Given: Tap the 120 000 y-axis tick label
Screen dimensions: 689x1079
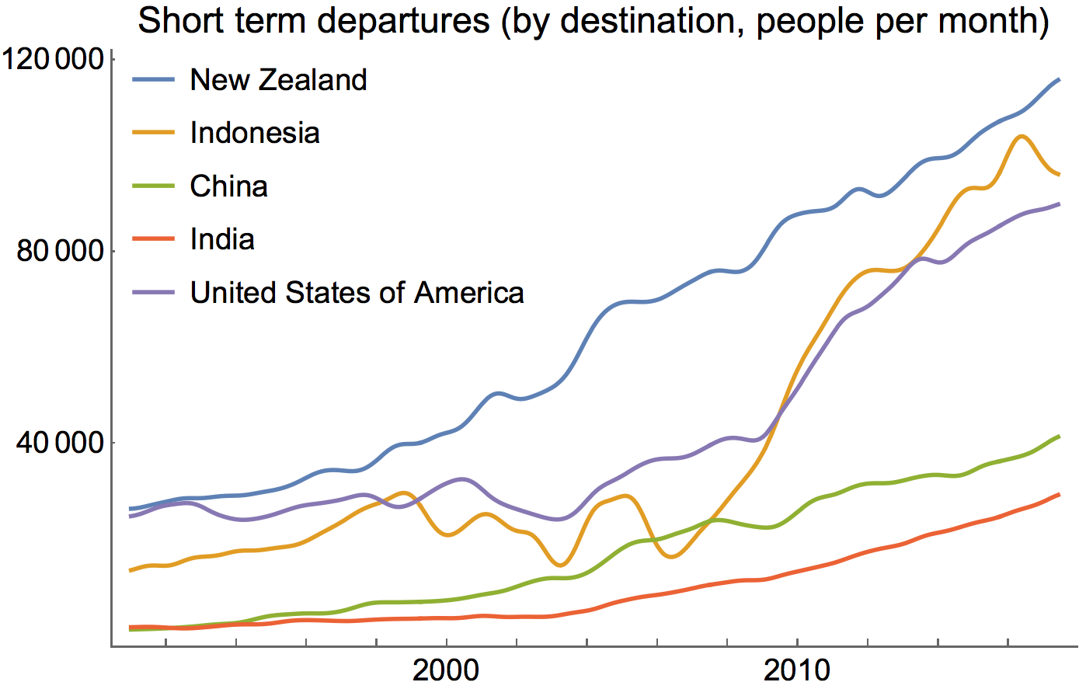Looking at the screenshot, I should click(54, 60).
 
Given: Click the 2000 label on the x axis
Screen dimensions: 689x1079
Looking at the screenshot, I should click(446, 669).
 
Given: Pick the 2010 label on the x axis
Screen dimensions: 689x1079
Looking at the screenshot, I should click(797, 669).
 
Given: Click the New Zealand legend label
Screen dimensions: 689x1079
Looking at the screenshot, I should click(278, 80).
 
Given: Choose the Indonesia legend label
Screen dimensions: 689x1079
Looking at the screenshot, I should click(255, 133).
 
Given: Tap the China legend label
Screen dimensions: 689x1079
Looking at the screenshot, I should click(229, 186).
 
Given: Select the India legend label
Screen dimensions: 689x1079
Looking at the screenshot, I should click(222, 239).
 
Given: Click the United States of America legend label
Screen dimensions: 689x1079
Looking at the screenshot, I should click(357, 293).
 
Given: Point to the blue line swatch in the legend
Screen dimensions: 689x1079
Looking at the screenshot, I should click(154, 80).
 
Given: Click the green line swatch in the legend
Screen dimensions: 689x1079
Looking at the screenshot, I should click(154, 186).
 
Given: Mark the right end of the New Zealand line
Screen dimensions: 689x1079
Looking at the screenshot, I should click(1060, 79).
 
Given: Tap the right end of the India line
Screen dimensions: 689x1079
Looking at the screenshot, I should click(1060, 494).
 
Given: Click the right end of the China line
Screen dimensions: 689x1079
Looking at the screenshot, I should click(1060, 437).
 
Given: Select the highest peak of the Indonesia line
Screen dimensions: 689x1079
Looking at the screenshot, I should click(1022, 136).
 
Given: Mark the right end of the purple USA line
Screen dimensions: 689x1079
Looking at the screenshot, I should click(1060, 204).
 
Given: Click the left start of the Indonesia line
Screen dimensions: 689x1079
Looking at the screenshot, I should click(130, 571).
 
